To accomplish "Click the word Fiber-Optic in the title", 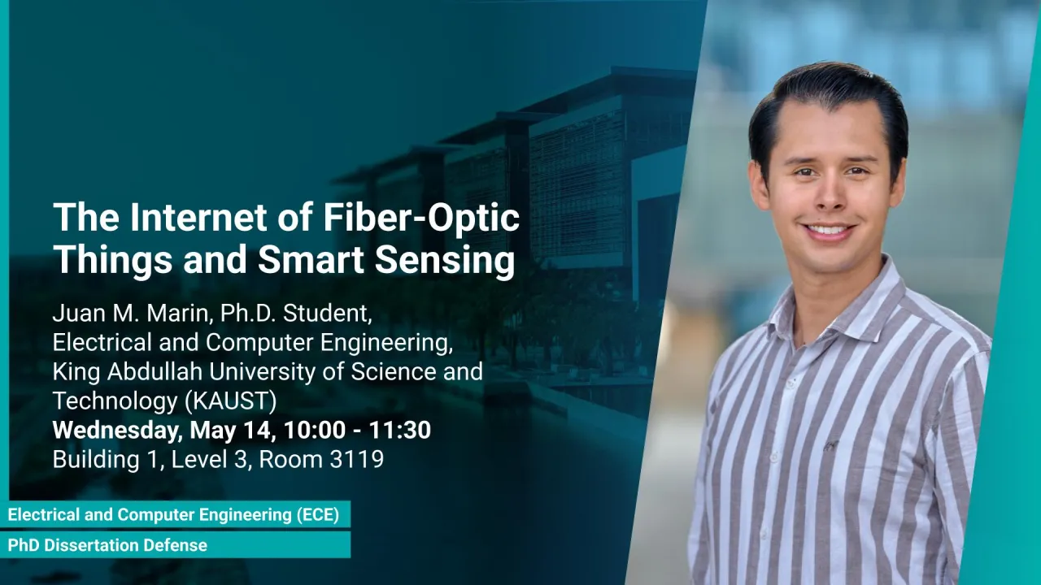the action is coord(421,217).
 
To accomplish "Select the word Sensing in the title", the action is coord(445,261).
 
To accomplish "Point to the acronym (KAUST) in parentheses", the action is coord(230,401).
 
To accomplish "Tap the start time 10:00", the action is coord(315,430).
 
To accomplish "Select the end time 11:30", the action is coord(399,430).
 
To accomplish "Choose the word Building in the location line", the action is coord(96,460).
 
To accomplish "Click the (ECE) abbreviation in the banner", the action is coord(318,515).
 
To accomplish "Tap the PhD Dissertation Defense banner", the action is coord(175,545).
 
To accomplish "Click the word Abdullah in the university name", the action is coord(155,371).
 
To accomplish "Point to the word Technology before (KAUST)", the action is coord(115,401).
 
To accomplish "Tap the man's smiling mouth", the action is coord(828,232).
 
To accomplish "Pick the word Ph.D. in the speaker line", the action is coord(248,314).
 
